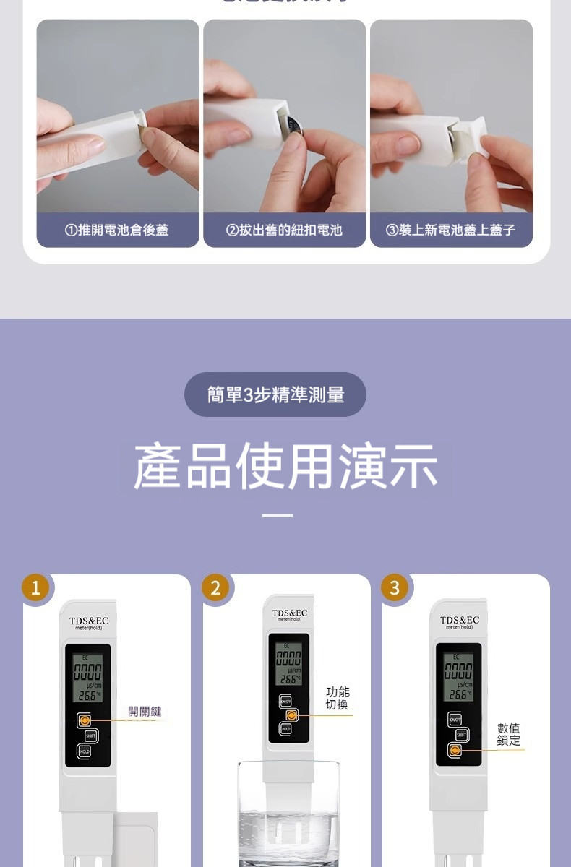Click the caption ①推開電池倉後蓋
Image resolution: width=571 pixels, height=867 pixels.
pos(117,230)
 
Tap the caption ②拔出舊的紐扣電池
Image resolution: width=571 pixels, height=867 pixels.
pos(284,230)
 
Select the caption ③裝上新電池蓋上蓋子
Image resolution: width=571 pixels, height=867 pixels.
pos(451,230)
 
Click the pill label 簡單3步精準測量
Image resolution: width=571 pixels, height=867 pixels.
pos(275,394)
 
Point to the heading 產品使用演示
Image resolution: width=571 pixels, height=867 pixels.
pos(285,466)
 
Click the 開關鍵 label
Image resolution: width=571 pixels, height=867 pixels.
pos(145,712)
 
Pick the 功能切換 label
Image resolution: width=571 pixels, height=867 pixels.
pos(338,698)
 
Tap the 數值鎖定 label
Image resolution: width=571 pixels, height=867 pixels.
pos(508,734)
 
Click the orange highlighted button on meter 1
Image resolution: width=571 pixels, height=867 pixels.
pos(85,720)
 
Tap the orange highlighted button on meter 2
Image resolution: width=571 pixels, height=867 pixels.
pos(291,715)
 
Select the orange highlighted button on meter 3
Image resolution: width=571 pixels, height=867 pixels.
pos(454,751)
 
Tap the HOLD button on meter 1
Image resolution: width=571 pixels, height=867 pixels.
pos(85,751)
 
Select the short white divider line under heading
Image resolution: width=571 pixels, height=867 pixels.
pos(277,516)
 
